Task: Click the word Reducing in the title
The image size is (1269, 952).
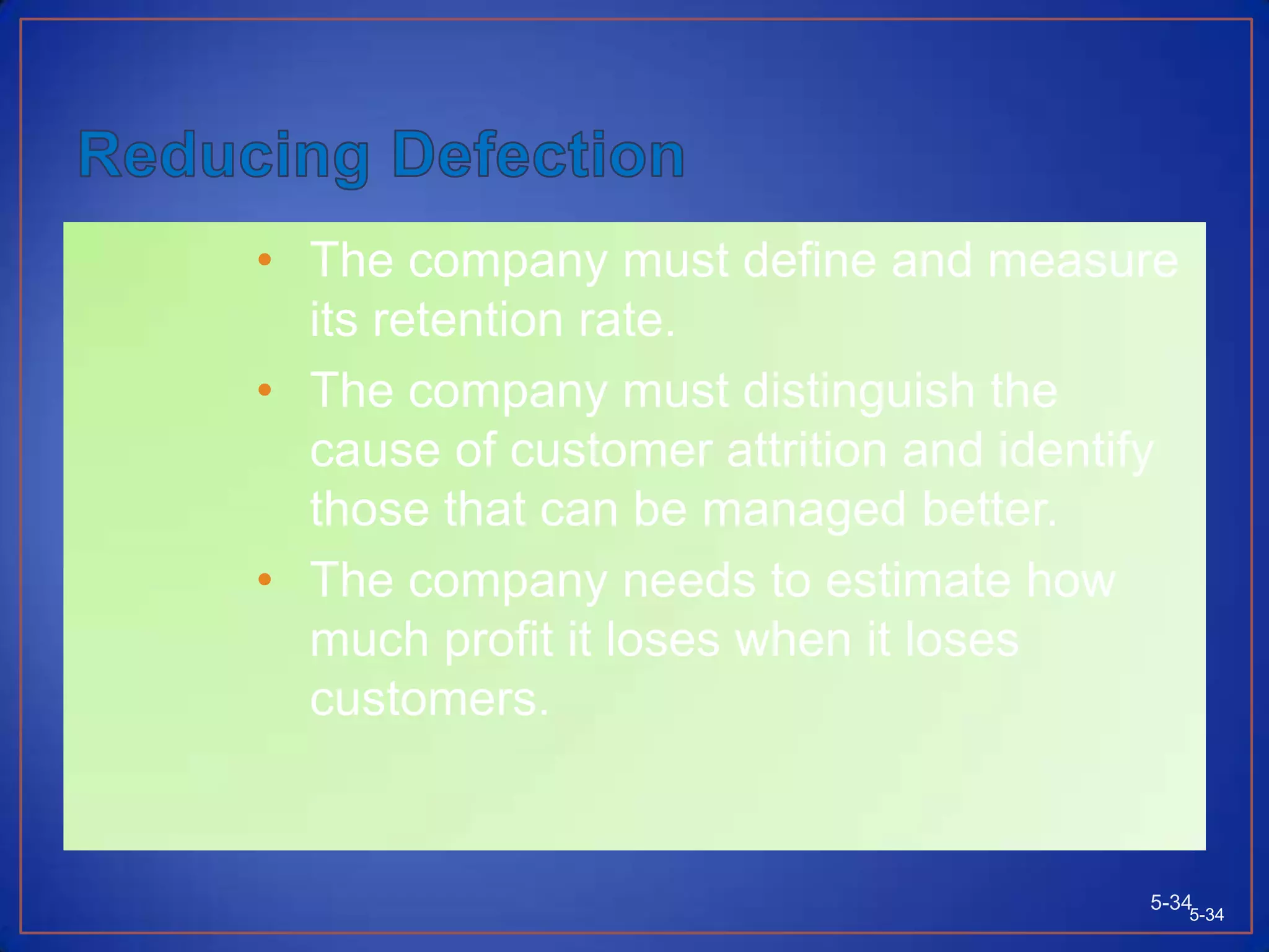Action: coord(224,156)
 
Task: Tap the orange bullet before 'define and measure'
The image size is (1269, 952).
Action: coord(265,259)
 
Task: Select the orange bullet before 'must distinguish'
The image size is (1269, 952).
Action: coord(265,389)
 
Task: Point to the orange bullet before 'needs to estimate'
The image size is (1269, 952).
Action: coord(265,579)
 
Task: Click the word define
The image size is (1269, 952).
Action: coord(809,260)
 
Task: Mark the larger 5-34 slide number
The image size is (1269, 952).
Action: coord(1170,902)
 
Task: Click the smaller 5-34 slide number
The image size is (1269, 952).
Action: coord(1206,915)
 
